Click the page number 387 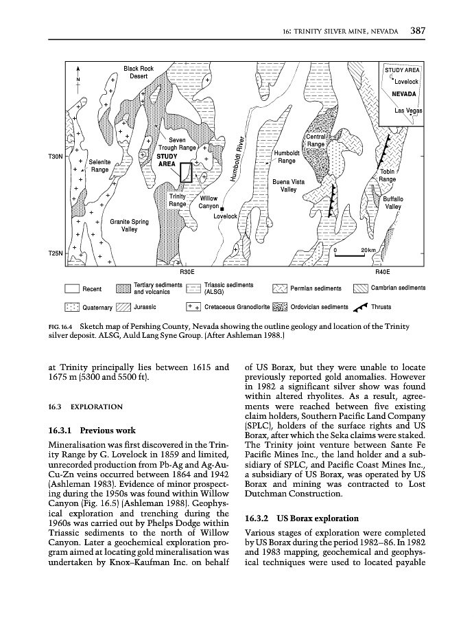[x=418, y=30]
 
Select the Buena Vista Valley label [x=288, y=185]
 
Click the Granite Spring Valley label [x=129, y=226]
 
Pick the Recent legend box [x=71, y=289]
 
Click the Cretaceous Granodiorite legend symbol [x=193, y=307]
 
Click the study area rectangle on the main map [x=186, y=172]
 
